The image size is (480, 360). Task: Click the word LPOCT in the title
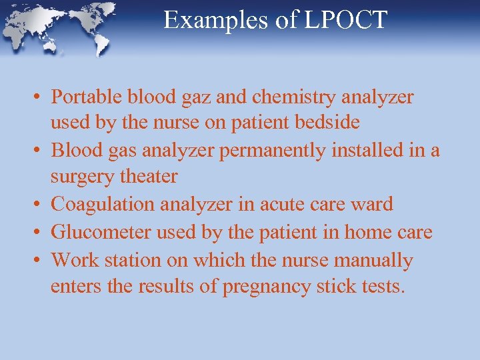(345, 20)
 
